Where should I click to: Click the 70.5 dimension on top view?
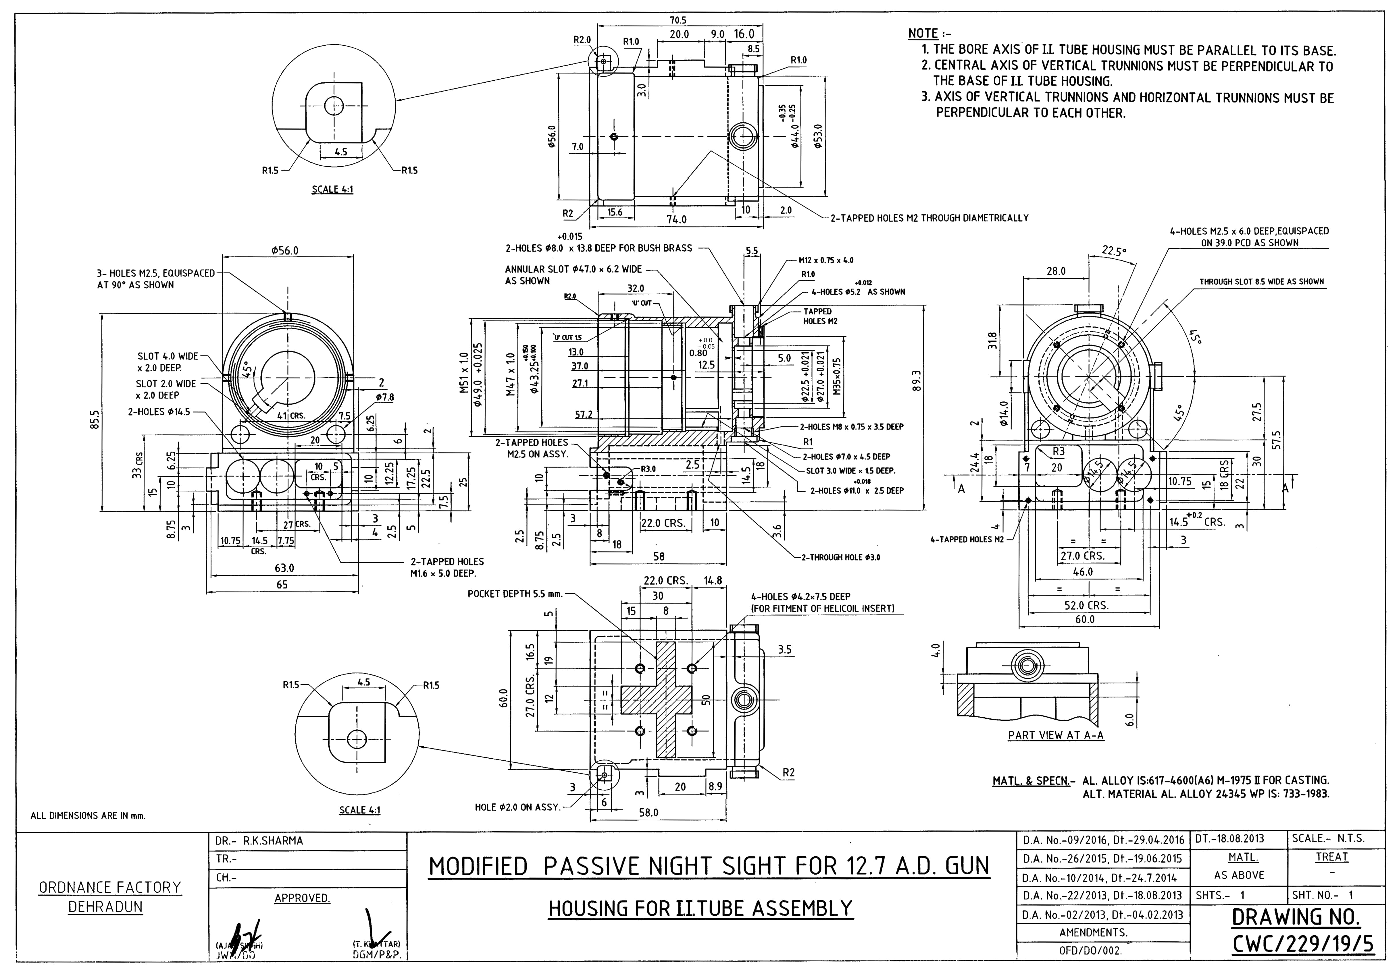point(678,20)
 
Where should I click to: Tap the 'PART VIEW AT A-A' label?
point(1055,735)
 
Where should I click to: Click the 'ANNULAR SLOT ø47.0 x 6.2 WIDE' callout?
point(573,269)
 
